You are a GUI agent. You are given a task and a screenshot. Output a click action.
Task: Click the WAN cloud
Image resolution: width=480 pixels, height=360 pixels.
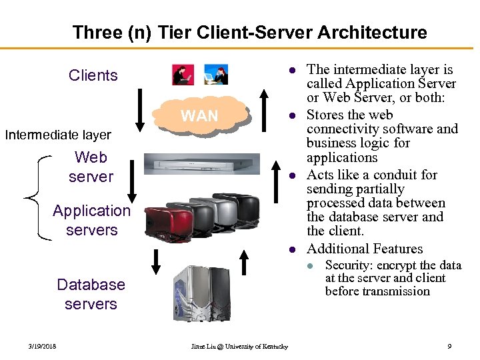click(x=199, y=115)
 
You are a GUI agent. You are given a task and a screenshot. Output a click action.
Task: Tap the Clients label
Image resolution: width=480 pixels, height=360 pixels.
click(x=93, y=75)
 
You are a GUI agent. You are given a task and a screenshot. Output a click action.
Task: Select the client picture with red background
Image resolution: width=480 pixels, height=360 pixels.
click(x=183, y=75)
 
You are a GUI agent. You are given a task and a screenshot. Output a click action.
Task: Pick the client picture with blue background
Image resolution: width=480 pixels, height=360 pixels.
click(x=216, y=75)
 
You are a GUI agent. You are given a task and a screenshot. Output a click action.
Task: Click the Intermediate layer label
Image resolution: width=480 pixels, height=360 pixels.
click(x=58, y=135)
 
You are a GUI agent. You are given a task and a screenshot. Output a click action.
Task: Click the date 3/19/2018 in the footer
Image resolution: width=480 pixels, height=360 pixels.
click(x=42, y=347)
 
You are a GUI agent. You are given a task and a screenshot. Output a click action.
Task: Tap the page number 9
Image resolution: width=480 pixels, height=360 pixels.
click(x=449, y=347)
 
